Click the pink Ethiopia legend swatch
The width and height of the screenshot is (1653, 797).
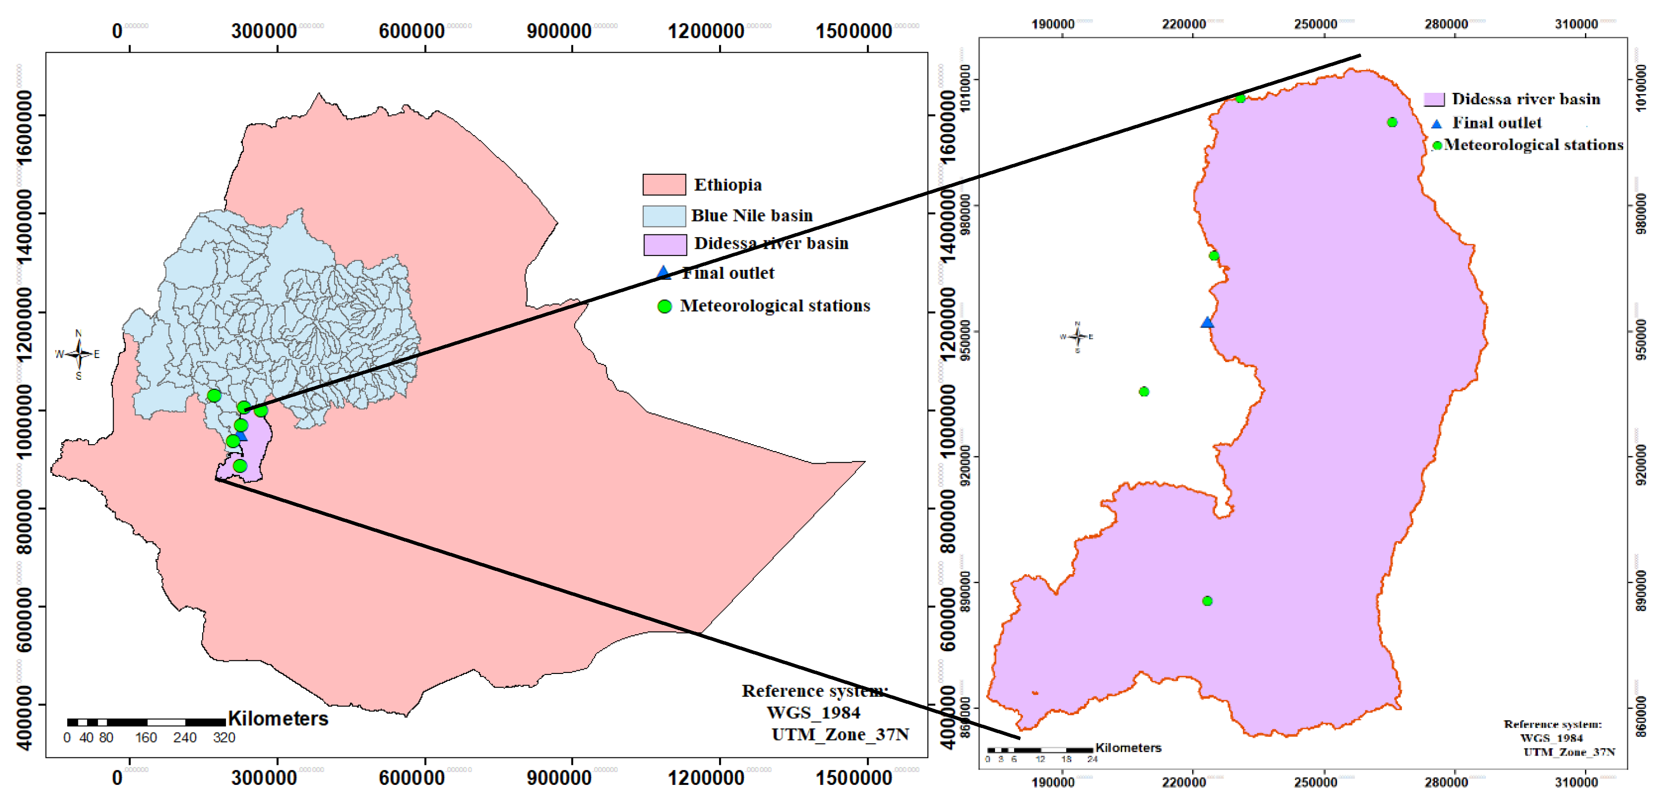click(664, 184)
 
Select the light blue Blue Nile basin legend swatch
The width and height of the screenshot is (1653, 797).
click(664, 216)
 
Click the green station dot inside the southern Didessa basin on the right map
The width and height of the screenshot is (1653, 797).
click(1207, 601)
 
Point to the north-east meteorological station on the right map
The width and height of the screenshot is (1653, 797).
click(1392, 122)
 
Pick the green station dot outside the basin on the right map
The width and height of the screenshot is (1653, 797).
click(1144, 392)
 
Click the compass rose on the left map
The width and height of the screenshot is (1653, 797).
click(78, 354)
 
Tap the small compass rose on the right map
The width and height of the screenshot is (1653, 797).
click(1077, 336)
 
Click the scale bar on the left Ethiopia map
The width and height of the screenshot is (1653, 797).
click(146, 722)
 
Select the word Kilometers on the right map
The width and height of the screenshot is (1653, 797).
click(1128, 748)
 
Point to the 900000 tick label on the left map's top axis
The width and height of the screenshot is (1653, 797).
click(558, 31)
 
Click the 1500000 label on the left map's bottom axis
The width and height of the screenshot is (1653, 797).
click(853, 778)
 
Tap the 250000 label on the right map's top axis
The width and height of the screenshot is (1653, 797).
click(1315, 24)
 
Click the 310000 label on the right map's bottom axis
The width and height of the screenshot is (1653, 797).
click(1575, 782)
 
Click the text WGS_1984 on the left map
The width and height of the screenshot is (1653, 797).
click(813, 712)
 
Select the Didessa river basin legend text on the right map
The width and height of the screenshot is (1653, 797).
click(1526, 99)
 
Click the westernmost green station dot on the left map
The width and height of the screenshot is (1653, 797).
click(214, 395)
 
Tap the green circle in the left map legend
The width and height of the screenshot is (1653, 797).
click(664, 306)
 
